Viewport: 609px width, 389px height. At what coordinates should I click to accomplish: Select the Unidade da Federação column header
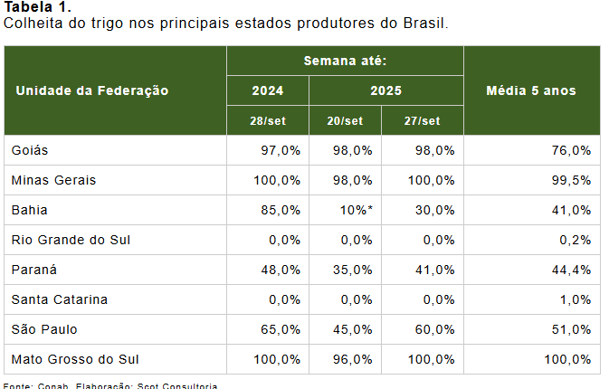click(92, 90)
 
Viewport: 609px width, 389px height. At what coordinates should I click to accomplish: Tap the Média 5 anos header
click(531, 90)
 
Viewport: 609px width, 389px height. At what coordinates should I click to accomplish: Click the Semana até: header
click(345, 61)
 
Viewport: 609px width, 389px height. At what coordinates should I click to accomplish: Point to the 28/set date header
click(267, 121)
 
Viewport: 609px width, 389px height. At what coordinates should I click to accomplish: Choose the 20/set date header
click(345, 121)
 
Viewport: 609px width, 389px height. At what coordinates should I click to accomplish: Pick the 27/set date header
click(423, 121)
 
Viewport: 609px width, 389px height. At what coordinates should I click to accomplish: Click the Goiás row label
click(30, 150)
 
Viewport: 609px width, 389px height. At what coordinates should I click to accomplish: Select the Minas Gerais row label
click(53, 180)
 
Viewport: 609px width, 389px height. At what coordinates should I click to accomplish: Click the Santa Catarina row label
click(60, 299)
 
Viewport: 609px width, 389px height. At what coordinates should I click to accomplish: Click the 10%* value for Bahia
click(355, 210)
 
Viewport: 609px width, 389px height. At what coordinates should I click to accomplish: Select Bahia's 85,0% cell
click(281, 210)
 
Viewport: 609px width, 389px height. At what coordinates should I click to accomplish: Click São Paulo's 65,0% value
click(281, 329)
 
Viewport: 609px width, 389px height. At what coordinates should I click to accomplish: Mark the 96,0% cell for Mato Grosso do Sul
click(353, 359)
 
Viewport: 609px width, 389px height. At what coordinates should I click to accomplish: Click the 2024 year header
click(267, 90)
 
